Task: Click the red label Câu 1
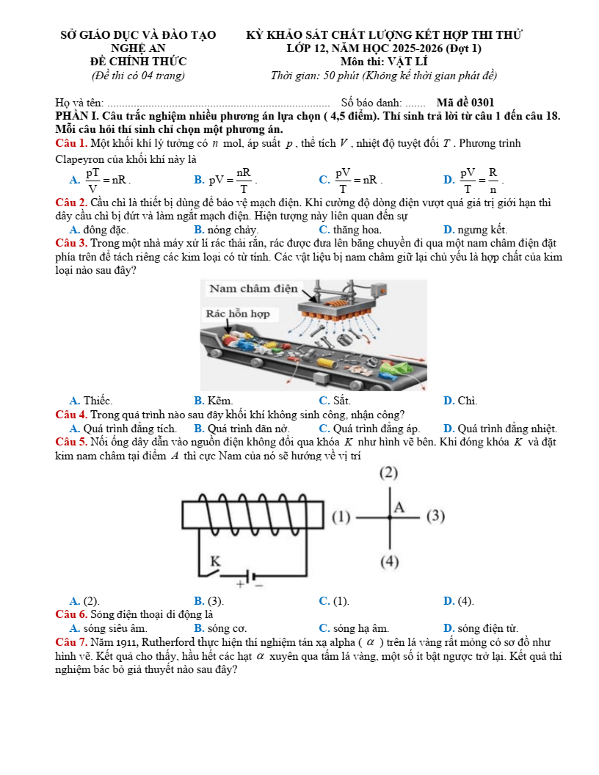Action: [71, 142]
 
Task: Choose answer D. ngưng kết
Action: [476, 230]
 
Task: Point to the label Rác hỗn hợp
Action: [237, 313]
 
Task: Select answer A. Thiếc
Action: [91, 401]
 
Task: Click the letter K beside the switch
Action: [215, 561]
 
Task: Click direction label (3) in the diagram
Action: [435, 516]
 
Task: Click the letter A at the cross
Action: [399, 507]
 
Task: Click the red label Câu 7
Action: [71, 642]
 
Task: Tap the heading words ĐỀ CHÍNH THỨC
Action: [137, 62]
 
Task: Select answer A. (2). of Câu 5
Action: [84, 601]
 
